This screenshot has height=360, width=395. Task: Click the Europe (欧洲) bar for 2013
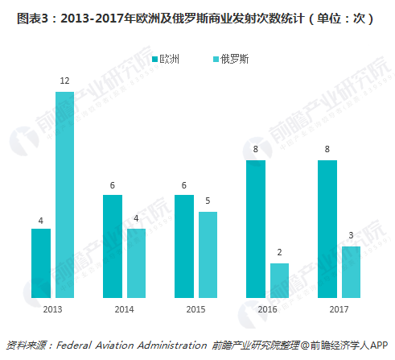pyautogui.click(x=41, y=263)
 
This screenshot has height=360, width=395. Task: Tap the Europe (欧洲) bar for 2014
pyautogui.click(x=113, y=246)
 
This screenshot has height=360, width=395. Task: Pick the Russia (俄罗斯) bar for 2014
pyautogui.click(x=136, y=263)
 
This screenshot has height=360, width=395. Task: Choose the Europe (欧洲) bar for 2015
pyautogui.click(x=184, y=246)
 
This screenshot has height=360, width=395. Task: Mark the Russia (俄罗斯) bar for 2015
pyautogui.click(x=208, y=254)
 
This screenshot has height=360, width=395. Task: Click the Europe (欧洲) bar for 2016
pyautogui.click(x=256, y=228)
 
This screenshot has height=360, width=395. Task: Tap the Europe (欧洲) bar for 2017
pyautogui.click(x=327, y=228)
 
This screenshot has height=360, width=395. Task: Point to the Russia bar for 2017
pyautogui.click(x=351, y=271)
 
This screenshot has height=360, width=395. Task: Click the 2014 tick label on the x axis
pyautogui.click(x=124, y=308)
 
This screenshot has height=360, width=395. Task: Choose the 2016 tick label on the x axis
pyautogui.click(x=267, y=308)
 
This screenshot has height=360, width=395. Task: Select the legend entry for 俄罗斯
pyautogui.click(x=229, y=60)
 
